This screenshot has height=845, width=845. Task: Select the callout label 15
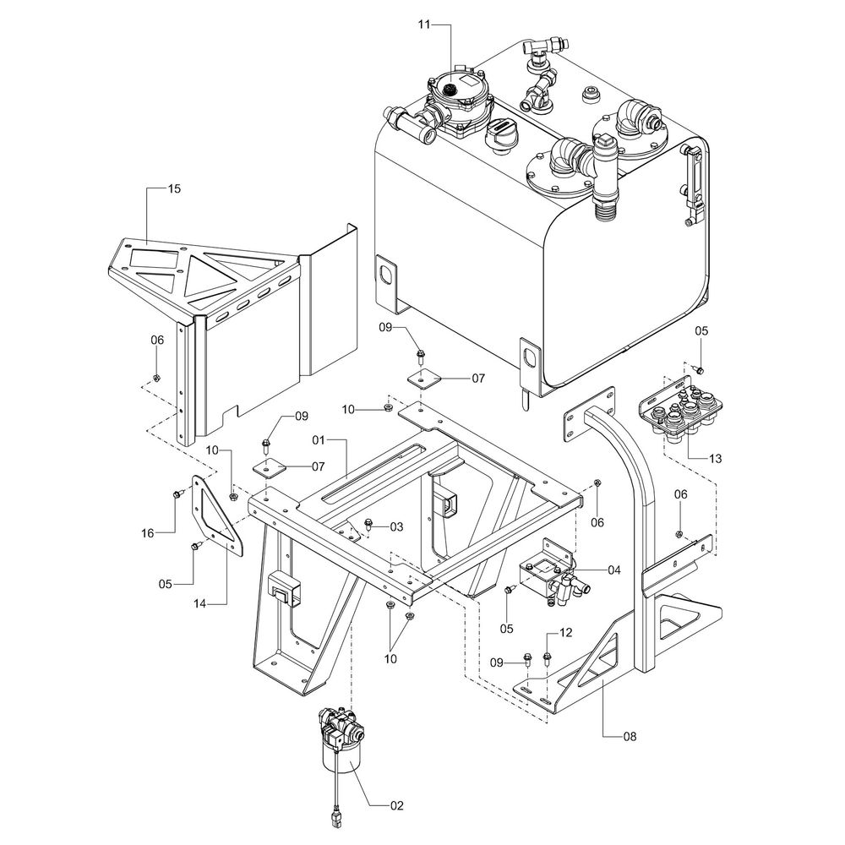coord(174,189)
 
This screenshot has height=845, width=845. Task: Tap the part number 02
coord(397,804)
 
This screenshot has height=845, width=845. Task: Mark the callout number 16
coord(147,533)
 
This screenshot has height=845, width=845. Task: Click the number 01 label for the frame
coord(319,440)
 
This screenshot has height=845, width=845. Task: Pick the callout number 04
coord(613,570)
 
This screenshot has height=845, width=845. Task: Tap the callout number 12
coord(566,632)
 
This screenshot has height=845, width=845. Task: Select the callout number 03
coord(396,526)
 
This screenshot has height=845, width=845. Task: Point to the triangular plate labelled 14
coord(212,516)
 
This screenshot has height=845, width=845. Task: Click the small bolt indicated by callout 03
coord(368,524)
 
